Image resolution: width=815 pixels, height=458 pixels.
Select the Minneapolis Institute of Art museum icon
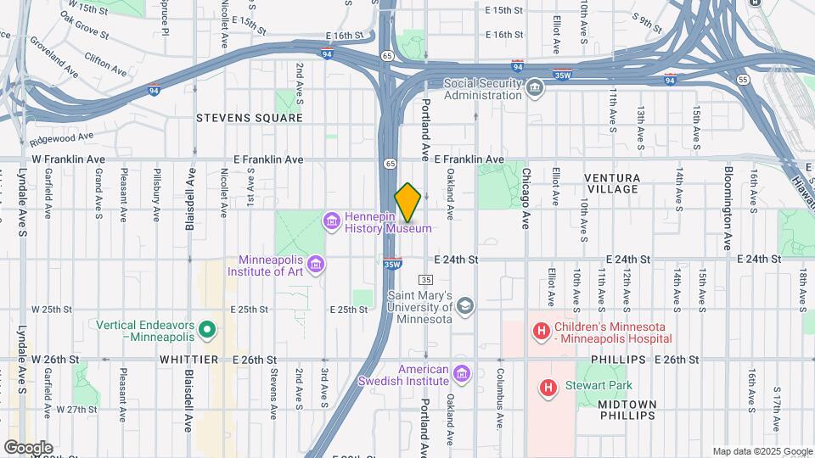(316, 265)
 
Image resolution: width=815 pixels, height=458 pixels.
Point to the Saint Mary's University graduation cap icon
(464, 305)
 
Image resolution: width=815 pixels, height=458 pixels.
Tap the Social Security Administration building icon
(534, 88)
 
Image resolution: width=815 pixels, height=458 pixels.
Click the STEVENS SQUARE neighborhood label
(249, 118)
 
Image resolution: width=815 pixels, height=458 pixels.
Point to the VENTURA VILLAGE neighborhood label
(611, 182)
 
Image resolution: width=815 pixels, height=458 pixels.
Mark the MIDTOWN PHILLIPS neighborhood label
(627, 409)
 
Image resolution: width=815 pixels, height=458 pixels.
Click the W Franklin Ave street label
(68, 159)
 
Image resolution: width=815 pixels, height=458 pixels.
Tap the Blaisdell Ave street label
(190, 200)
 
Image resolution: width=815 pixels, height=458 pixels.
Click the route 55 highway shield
(743, 80)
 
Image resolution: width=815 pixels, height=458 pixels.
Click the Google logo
(28, 447)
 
